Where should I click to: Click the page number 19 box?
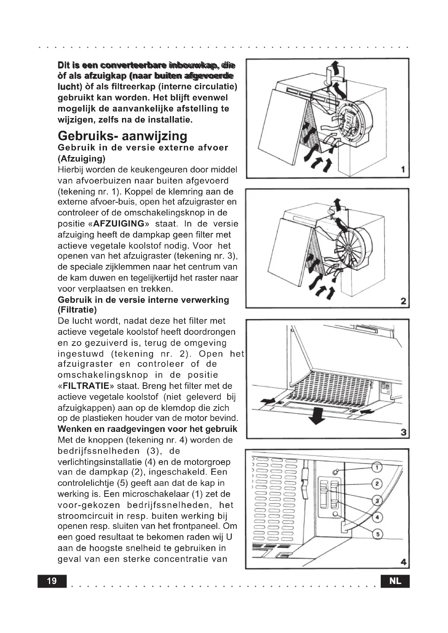click(52, 581)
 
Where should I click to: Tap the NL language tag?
click(395, 581)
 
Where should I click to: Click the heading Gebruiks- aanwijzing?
click(122, 136)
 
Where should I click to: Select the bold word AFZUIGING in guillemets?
click(119, 223)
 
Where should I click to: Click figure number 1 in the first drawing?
click(403, 169)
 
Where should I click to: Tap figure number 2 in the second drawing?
click(403, 301)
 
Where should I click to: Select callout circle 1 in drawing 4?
click(377, 467)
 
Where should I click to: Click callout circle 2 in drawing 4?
click(377, 484)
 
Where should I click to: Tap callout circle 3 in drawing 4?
click(377, 500)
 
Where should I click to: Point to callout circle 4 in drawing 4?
click(377, 517)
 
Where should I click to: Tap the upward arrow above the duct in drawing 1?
click(335, 68)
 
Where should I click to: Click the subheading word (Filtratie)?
click(77, 310)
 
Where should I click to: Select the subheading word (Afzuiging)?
click(82, 159)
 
